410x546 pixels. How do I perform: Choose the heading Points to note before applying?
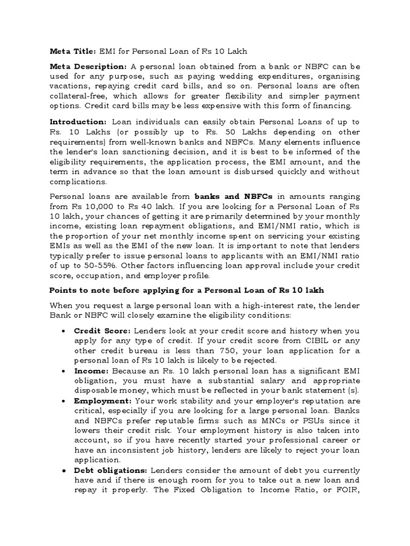point(186,290)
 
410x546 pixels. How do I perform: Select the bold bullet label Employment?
point(103,399)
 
